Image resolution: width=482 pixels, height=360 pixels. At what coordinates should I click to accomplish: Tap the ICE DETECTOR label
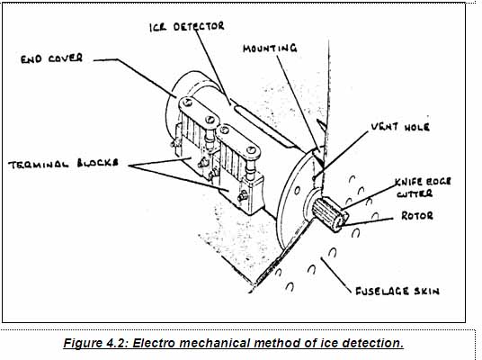[187, 27]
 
